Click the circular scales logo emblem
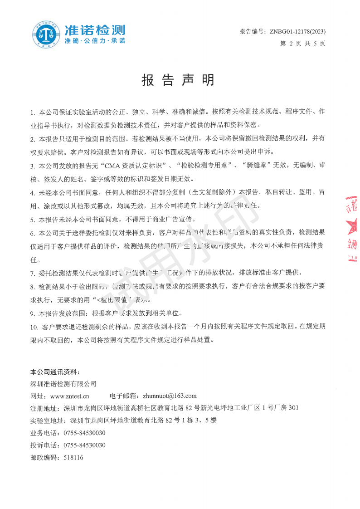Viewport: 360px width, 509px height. coord(46,34)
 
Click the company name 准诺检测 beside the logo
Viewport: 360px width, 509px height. coord(95,30)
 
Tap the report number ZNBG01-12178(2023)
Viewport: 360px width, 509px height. coord(297,32)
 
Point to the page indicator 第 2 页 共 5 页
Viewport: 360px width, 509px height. coord(302,44)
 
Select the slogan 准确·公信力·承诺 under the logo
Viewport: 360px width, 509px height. coord(95,41)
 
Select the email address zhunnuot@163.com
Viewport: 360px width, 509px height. coord(169,396)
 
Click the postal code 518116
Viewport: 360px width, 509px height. coord(73,458)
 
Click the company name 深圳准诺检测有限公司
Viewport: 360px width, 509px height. coord(63,383)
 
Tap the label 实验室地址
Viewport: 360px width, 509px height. coord(47,421)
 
